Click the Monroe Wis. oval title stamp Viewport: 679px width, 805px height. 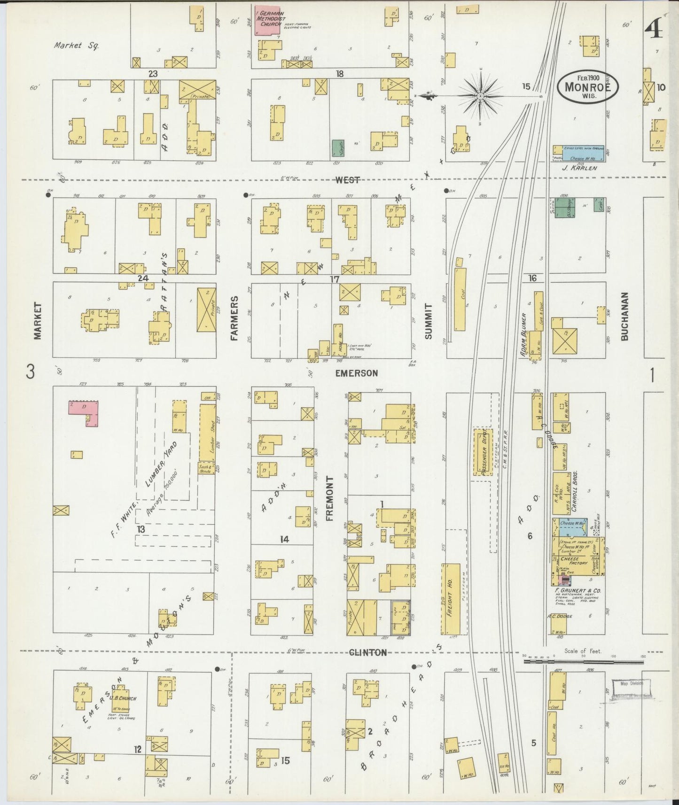point(588,85)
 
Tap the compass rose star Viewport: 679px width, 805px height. point(480,97)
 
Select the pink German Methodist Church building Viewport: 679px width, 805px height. point(266,21)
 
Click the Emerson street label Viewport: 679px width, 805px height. point(356,373)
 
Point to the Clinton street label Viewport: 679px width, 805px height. point(367,652)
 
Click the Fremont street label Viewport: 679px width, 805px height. point(329,498)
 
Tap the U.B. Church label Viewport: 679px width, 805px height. point(123,698)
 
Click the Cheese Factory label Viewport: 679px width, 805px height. point(573,561)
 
